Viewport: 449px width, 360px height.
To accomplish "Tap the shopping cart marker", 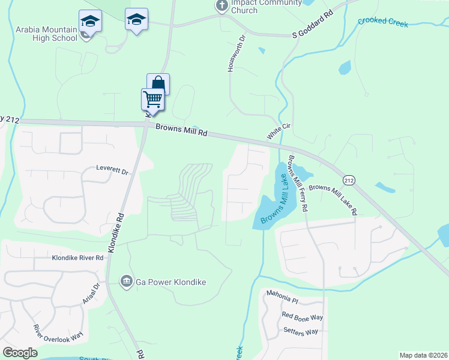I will pyautogui.click(x=153, y=98).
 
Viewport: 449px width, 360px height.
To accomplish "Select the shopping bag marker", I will pyautogui.click(x=158, y=83).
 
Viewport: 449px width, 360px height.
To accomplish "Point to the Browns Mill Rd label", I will pyautogui.click(x=181, y=130).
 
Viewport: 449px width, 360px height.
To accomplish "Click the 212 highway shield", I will pyautogui.click(x=348, y=180).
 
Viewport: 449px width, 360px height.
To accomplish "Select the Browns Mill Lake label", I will pyautogui.click(x=275, y=196).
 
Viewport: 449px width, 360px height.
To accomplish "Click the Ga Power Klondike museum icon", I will pyautogui.click(x=126, y=281).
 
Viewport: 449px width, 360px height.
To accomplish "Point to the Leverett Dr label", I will pyautogui.click(x=113, y=171).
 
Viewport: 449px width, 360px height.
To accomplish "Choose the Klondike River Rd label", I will pyautogui.click(x=77, y=257).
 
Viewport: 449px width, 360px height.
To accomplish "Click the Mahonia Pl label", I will pyautogui.click(x=282, y=300).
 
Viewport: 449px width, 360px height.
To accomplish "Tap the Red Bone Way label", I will pyautogui.click(x=303, y=317).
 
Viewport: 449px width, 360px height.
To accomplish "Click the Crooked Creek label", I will pyautogui.click(x=383, y=23).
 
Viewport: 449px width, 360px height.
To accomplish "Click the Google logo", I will pyautogui.click(x=20, y=353).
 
